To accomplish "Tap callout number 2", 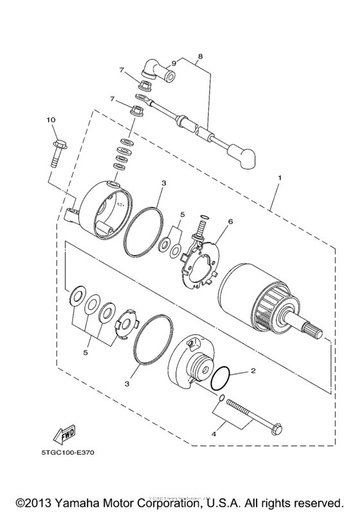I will [253, 371].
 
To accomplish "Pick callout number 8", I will [200, 57].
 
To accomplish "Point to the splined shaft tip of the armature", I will [316, 333].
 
